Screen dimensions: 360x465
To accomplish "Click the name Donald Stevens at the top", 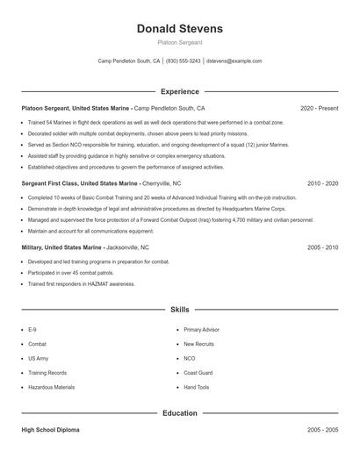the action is pyautogui.click(x=180, y=29).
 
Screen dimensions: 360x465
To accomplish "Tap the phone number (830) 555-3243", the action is pyautogui.click(x=184, y=61).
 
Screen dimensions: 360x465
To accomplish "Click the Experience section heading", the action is pyautogui.click(x=180, y=91).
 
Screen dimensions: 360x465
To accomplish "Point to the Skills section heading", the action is pyautogui.click(x=180, y=310).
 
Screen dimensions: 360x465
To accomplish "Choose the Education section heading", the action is pyautogui.click(x=180, y=412).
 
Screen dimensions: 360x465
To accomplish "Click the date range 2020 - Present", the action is pyautogui.click(x=319, y=108).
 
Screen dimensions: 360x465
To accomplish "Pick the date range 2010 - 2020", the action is pyautogui.click(x=322, y=184).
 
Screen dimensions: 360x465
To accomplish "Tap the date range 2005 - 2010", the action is pyautogui.click(x=322, y=247).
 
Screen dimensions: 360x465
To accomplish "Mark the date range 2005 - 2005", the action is pyautogui.click(x=322, y=430).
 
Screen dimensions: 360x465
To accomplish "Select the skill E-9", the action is pyautogui.click(x=32, y=330).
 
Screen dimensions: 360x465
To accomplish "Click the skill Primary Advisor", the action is pyautogui.click(x=202, y=330).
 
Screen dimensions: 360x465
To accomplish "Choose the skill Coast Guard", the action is pyautogui.click(x=198, y=373).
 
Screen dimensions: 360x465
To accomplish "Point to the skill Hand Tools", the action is pyautogui.click(x=197, y=387).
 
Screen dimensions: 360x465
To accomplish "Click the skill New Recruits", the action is pyautogui.click(x=198, y=344).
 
